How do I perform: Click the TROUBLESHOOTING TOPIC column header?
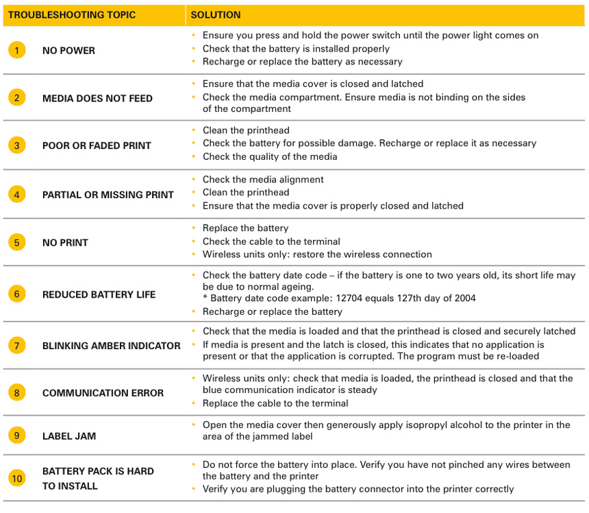click(72, 15)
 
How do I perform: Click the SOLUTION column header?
click(215, 15)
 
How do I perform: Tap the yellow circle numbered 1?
click(17, 50)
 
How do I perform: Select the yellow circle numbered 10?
click(17, 478)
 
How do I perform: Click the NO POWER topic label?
click(68, 51)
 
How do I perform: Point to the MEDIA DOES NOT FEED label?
click(97, 98)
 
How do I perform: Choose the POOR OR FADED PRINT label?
click(97, 145)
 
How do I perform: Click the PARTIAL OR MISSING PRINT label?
click(108, 195)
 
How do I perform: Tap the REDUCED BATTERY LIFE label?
click(99, 294)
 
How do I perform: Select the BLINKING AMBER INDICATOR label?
click(111, 346)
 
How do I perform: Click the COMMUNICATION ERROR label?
click(103, 393)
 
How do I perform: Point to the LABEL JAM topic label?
click(69, 436)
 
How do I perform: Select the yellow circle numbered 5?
click(17, 242)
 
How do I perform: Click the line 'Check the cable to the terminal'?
click(271, 241)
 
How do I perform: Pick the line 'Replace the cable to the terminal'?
click(275, 403)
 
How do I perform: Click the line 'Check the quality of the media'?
click(270, 156)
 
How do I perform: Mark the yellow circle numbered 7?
click(17, 346)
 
